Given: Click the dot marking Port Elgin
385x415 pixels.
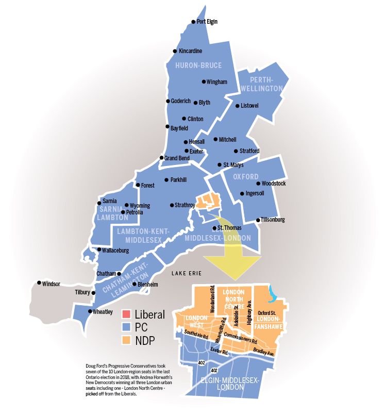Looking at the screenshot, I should pos(193,22).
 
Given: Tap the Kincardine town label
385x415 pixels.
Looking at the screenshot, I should pos(190,51).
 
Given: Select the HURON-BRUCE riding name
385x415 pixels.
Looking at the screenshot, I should pos(198,65).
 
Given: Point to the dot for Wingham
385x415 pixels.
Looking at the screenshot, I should pos(203,82).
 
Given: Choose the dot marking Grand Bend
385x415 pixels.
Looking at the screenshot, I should pos(161,158).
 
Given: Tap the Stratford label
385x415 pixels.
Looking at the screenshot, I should pos(249,151).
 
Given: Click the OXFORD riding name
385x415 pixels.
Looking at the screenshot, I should pos(246,176).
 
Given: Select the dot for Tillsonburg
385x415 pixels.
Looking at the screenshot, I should pos(258,220).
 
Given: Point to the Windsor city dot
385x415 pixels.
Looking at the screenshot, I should pos(39,283).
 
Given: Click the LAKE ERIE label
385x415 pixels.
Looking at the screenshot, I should pos(187,273).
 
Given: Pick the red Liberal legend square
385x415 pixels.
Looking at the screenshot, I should pos(126,314).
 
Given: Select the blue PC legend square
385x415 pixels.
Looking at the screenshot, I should pos(126,327).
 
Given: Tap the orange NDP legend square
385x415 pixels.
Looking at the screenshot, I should pos(126,340).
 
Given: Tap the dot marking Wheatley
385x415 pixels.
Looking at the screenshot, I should pos(90,311).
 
